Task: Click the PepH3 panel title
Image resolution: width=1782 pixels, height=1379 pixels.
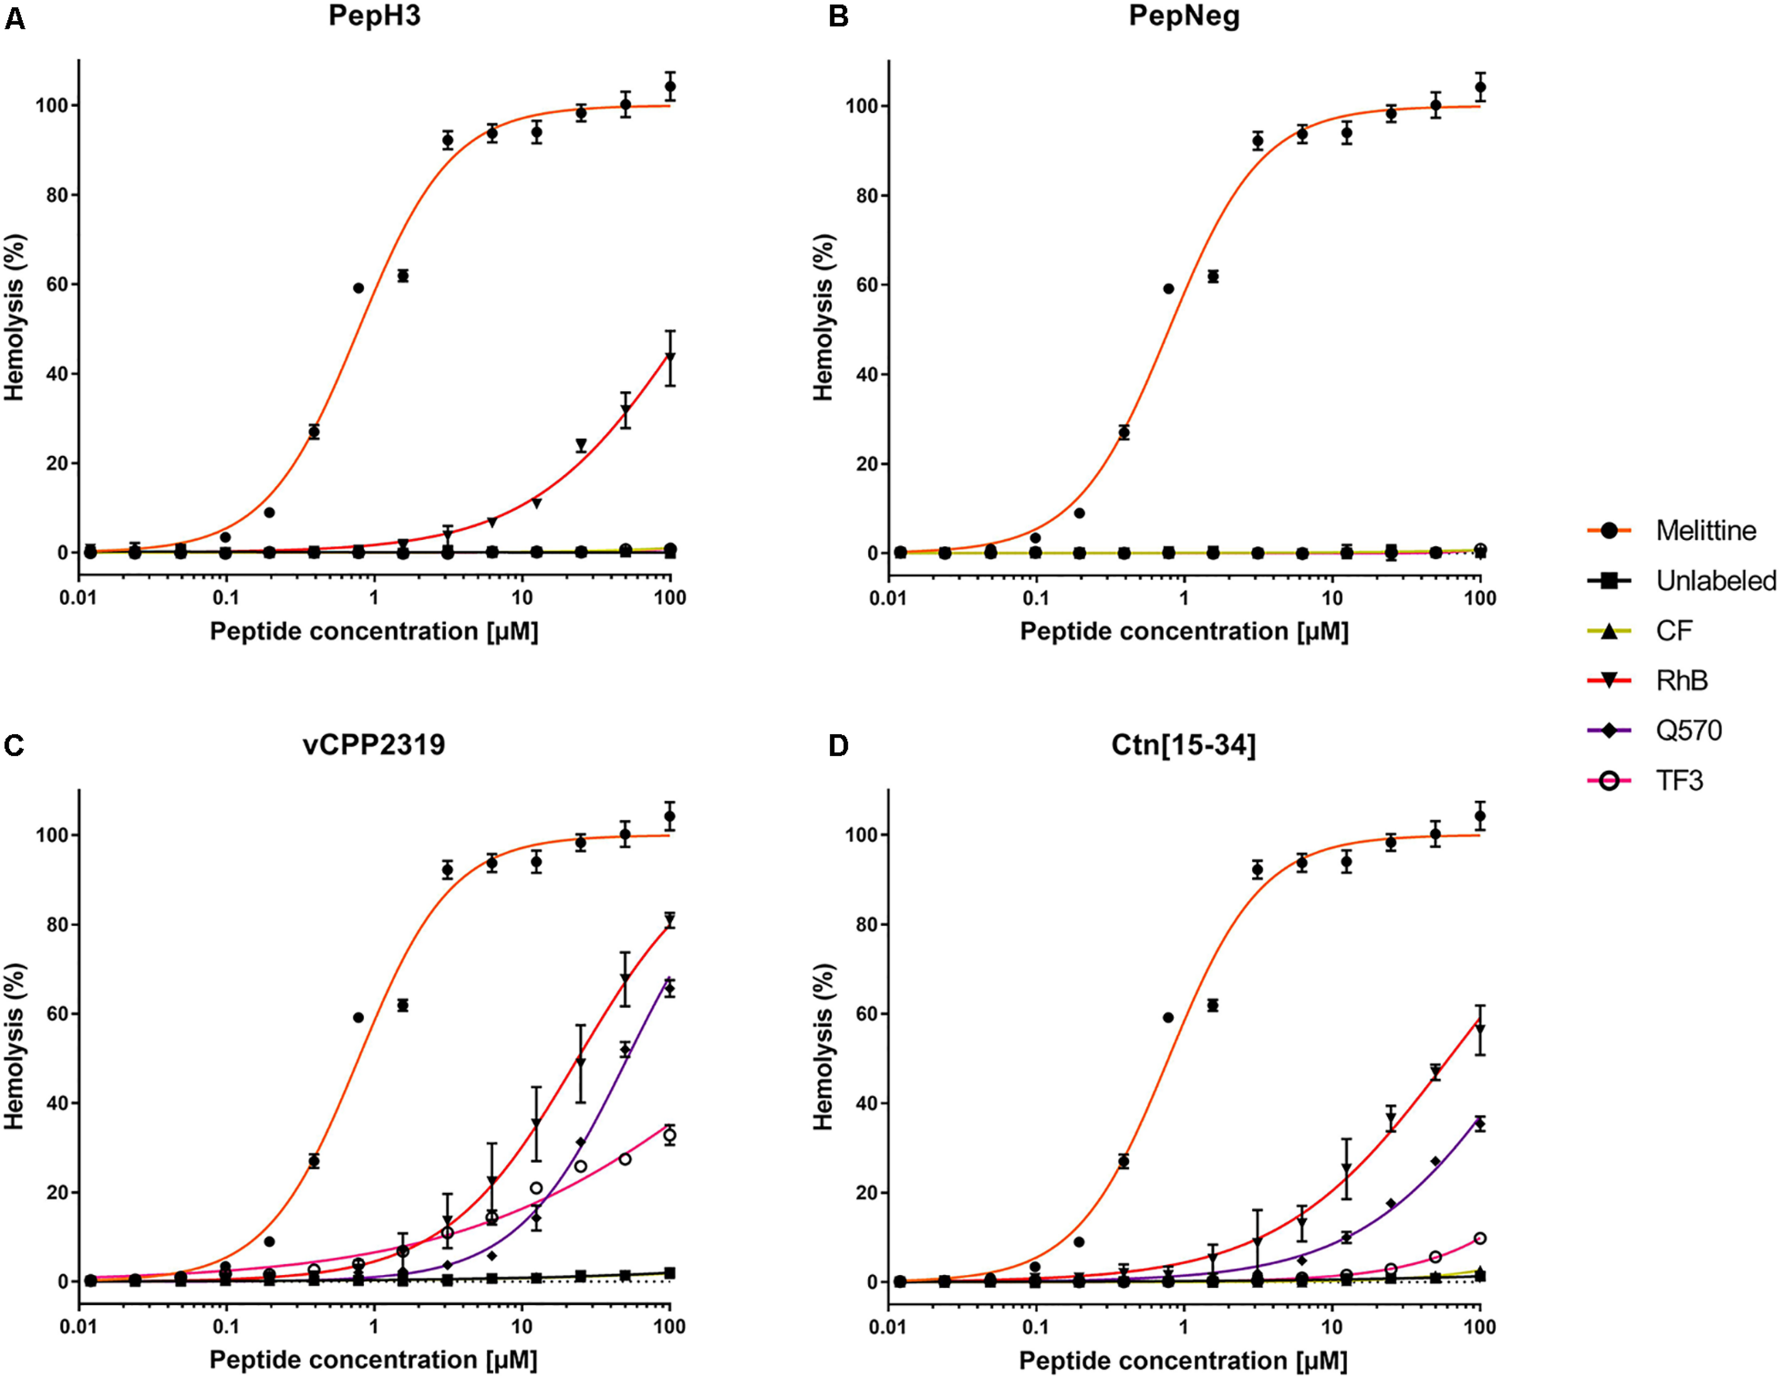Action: (374, 16)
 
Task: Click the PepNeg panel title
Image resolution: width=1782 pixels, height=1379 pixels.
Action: (1184, 16)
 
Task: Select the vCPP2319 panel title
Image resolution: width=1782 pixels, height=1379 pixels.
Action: (374, 745)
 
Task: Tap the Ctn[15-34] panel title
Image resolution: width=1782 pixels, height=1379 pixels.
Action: (1183, 745)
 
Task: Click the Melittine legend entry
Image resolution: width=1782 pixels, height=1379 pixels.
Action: (1705, 530)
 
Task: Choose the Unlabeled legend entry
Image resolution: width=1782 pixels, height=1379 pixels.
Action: (1715, 580)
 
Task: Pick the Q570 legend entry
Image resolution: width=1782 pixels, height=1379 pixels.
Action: (1688, 730)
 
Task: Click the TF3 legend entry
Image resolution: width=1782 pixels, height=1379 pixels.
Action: (1679, 781)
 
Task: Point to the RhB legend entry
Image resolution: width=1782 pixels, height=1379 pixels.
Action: (1681, 680)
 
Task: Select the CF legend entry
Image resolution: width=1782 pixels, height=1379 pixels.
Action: (1674, 630)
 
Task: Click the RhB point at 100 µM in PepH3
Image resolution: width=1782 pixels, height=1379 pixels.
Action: (670, 357)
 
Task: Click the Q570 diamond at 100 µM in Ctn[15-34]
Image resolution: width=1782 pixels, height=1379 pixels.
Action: (1479, 1125)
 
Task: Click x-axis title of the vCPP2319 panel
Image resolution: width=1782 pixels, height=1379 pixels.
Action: (374, 1360)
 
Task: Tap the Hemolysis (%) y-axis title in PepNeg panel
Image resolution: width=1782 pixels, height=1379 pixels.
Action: (823, 317)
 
